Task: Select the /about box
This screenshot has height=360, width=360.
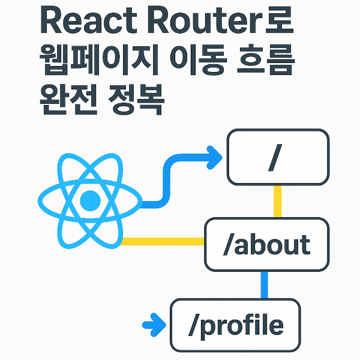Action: click(x=266, y=244)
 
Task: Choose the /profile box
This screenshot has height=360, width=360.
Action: click(x=236, y=325)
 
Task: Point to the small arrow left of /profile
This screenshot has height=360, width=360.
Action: click(x=154, y=326)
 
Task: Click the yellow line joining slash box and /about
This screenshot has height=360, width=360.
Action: click(x=277, y=201)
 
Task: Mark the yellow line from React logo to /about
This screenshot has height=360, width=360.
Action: click(x=162, y=241)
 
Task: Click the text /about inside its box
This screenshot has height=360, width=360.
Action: click(x=266, y=245)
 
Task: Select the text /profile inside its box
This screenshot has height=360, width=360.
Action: click(x=236, y=325)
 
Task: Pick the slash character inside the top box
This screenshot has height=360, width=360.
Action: click(x=276, y=158)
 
